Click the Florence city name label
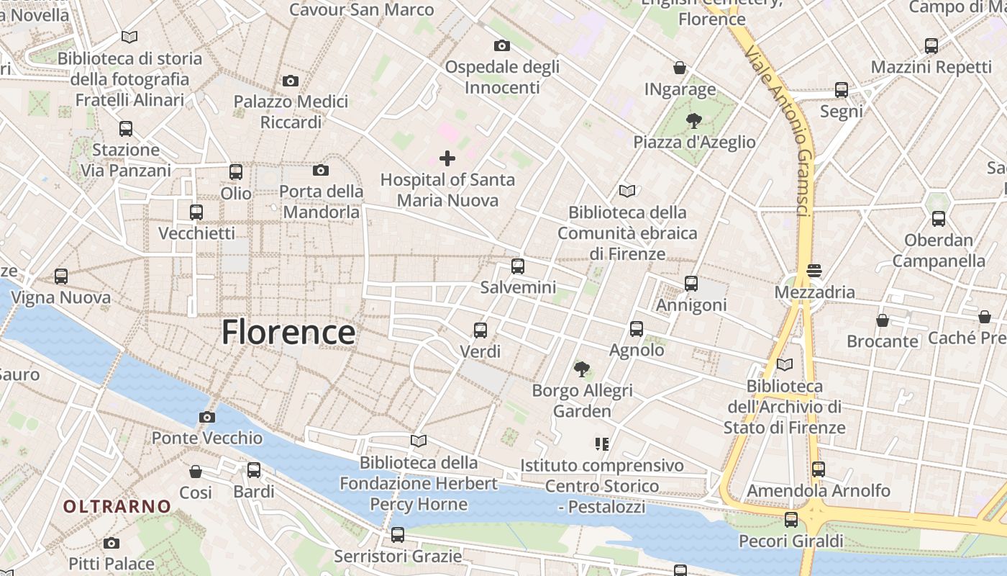tap(288, 333)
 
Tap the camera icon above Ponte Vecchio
tap(207, 417)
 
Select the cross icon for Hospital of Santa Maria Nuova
tap(447, 158)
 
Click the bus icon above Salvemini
tap(518, 266)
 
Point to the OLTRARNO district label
tap(117, 506)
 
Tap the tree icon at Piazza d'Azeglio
tap(693, 120)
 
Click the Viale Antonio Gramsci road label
tap(782, 130)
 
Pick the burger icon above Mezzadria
tap(814, 271)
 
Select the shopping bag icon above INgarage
tap(680, 68)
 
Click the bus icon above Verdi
tap(480, 330)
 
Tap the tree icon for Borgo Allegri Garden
tap(582, 369)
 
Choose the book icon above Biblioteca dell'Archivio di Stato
tap(785, 365)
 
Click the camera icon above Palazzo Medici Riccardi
tap(291, 81)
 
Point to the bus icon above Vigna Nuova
tap(61, 276)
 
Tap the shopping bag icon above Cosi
tap(196, 472)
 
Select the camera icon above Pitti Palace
tap(111, 543)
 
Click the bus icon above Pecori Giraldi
tap(791, 519)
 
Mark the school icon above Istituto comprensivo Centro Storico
tap(602, 444)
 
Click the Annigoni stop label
tap(691, 305)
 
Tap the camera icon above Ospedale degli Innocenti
tap(502, 46)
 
